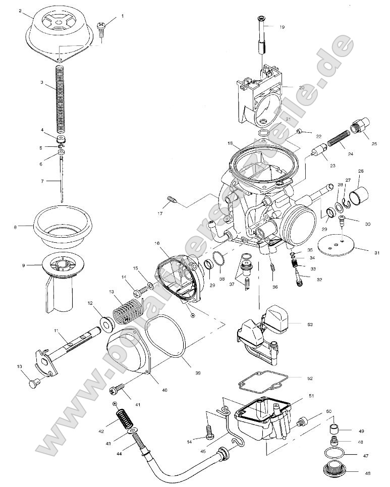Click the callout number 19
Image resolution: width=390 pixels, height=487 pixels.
(282, 27)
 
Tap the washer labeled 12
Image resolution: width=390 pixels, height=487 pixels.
(105, 322)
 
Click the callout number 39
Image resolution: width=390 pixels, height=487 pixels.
(198, 373)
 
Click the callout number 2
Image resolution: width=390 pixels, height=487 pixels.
(20, 11)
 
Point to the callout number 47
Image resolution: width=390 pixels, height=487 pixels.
(366, 455)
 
